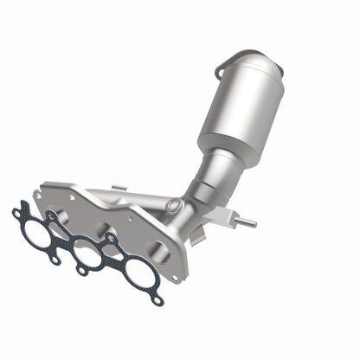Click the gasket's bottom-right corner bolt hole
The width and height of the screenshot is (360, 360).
click(157, 301)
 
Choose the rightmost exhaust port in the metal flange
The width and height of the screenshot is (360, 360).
click(157, 252)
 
